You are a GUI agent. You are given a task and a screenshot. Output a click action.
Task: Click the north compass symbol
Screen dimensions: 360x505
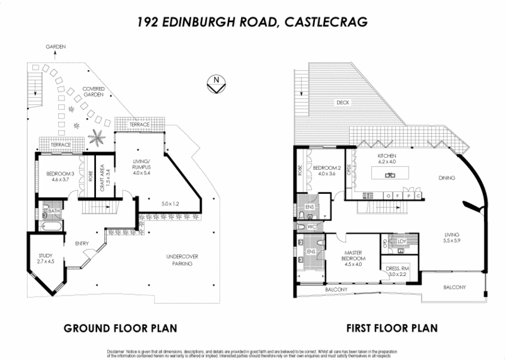tap(217, 83)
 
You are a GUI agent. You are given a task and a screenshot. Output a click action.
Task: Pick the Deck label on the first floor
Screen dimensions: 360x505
tap(343, 102)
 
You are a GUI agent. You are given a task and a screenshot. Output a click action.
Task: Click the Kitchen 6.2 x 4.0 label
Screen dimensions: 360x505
tap(386, 159)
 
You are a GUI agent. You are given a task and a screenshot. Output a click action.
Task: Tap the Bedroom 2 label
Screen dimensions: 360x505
tap(327, 170)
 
